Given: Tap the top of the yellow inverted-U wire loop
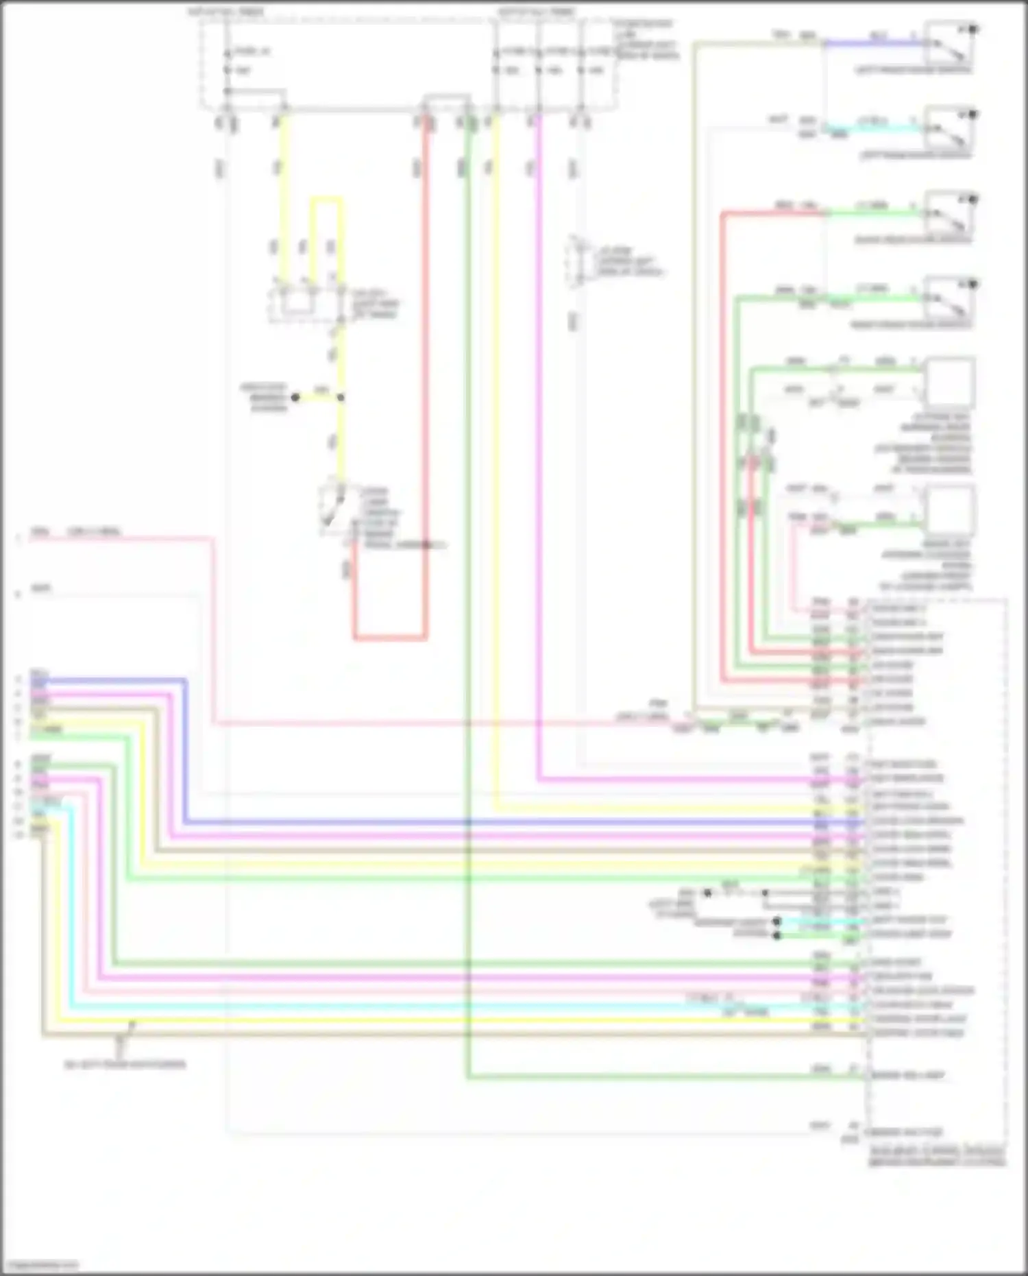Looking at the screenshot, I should pos(326,200).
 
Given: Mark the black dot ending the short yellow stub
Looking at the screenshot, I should pos(295,397).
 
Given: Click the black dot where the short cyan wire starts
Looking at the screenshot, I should pos(776,921).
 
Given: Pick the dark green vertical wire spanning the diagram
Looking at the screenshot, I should pos(468,617).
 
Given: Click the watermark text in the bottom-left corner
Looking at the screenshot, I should pos(39,1264).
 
